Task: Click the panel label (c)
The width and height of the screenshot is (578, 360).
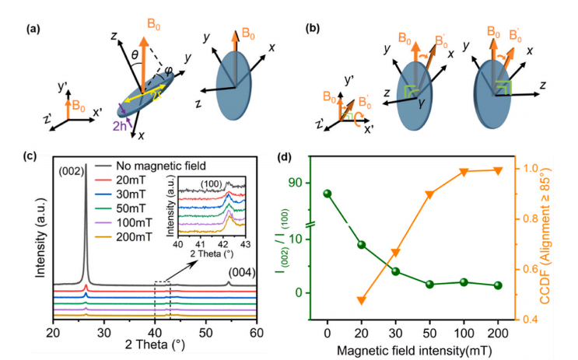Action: [16, 155]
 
